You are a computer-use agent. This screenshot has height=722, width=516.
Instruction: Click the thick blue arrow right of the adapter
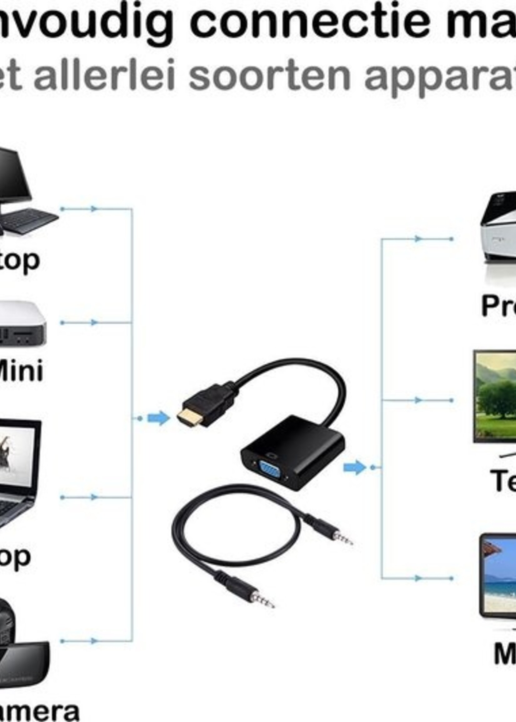pos(355,467)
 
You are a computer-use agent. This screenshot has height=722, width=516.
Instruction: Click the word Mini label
pos(21,371)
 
